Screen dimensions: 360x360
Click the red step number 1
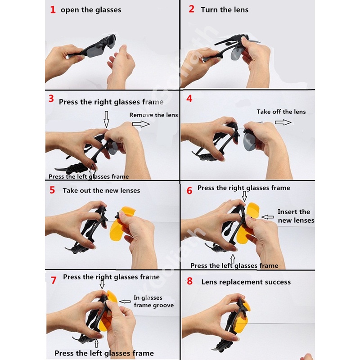[53, 9]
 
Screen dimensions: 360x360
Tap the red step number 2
[192, 9]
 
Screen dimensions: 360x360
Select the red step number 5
[52, 190]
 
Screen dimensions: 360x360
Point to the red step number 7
[54, 280]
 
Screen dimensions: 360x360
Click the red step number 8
[189, 281]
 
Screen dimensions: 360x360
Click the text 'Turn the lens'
[225, 9]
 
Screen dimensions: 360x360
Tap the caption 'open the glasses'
[91, 10]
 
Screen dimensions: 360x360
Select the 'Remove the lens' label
[153, 115]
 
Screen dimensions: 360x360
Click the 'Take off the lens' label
[281, 112]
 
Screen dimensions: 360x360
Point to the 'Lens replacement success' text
[246, 282]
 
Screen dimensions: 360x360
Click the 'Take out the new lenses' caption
[101, 190]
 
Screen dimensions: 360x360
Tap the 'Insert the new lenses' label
[296, 216]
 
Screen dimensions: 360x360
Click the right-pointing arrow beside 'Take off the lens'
[283, 122]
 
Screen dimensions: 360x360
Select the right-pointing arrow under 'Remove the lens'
[141, 124]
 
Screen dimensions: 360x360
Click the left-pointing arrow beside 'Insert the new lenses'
[267, 217]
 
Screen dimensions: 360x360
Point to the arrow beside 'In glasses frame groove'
[125, 301]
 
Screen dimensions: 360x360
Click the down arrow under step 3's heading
[106, 119]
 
